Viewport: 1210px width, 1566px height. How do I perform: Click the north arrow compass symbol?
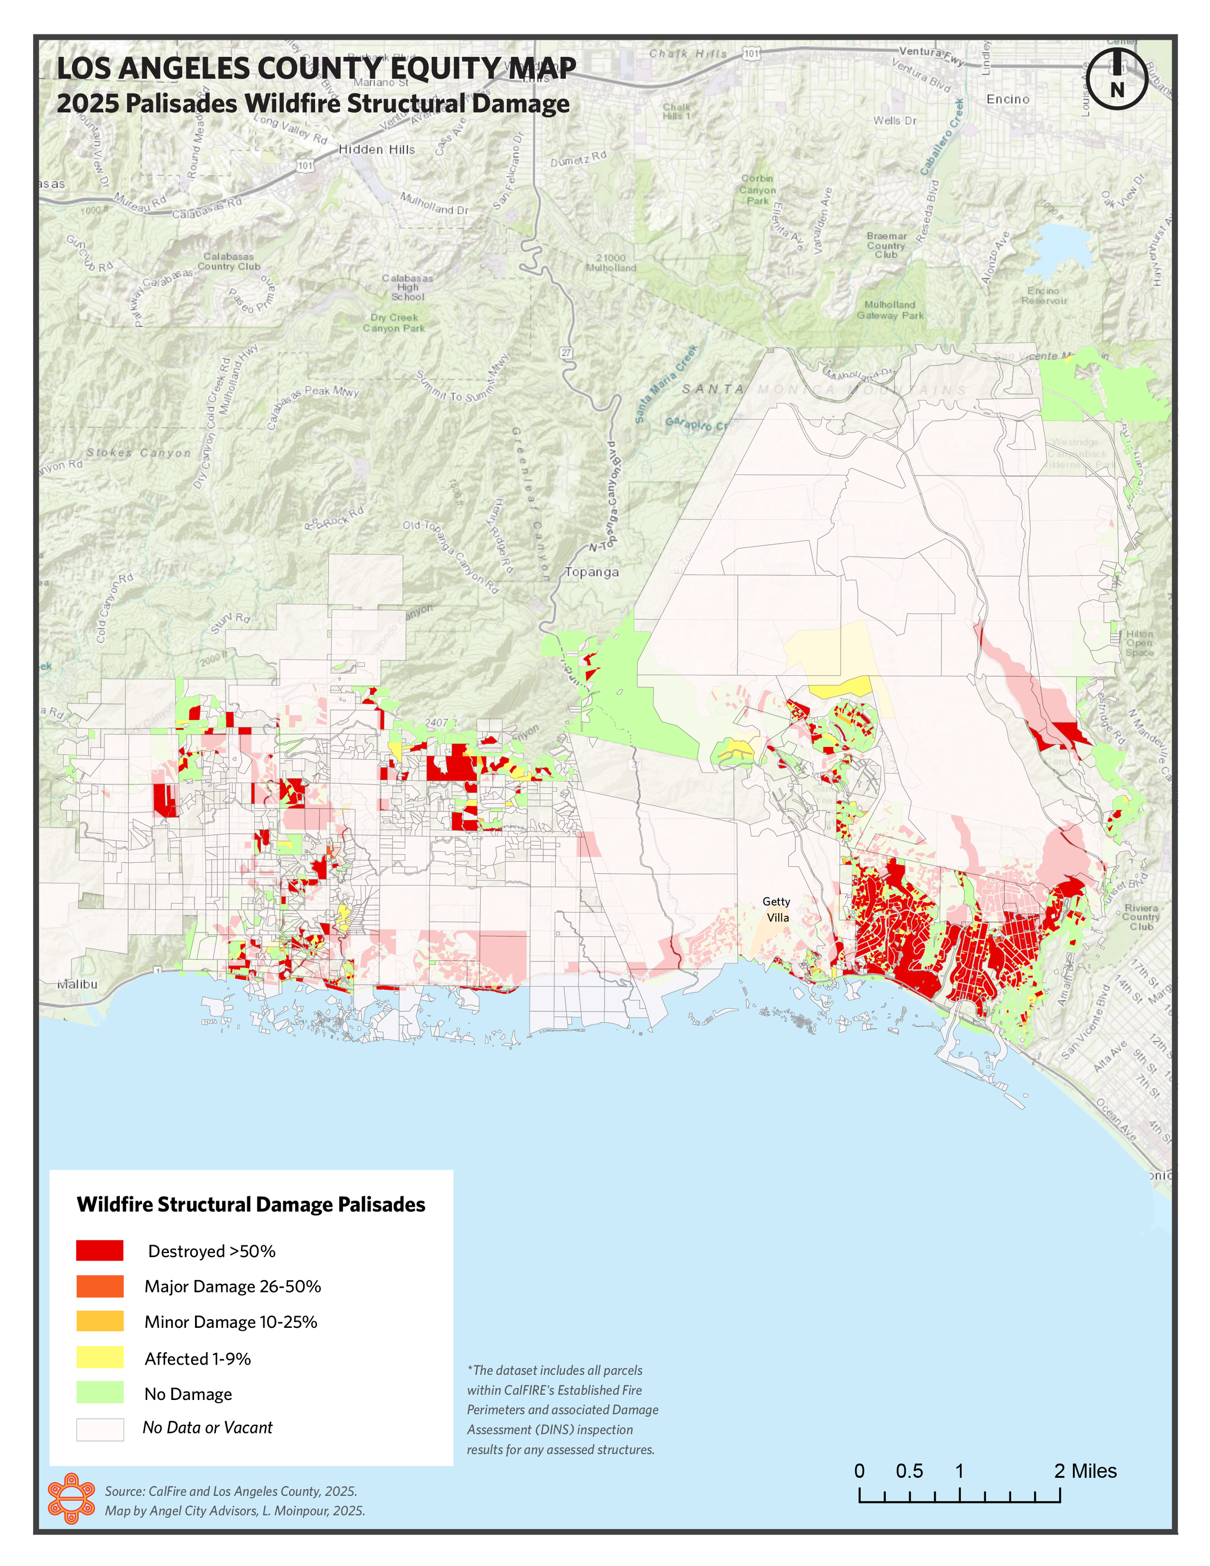[x=1116, y=79]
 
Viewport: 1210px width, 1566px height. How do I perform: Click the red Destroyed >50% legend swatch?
[x=100, y=1250]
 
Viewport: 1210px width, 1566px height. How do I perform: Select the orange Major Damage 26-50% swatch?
[x=100, y=1286]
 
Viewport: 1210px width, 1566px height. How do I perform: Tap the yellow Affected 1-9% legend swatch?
[x=100, y=1357]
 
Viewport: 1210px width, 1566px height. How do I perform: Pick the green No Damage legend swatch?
[x=100, y=1393]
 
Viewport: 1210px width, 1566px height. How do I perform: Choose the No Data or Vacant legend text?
[x=207, y=1428]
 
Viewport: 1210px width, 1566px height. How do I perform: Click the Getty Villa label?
[x=776, y=909]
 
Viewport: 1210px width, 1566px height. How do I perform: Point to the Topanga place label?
[x=591, y=572]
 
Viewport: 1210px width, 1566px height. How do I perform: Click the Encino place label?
[x=1007, y=99]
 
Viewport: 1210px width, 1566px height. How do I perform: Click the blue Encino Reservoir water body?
[x=1059, y=247]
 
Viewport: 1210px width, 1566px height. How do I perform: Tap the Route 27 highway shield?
[x=566, y=353]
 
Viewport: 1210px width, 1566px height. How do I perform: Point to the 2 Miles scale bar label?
[x=1085, y=1471]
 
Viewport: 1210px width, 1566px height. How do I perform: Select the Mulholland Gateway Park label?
[x=890, y=310]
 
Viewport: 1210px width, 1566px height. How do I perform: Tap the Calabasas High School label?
[x=407, y=288]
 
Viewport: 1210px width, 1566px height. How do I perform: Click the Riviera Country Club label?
[x=1141, y=917]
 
